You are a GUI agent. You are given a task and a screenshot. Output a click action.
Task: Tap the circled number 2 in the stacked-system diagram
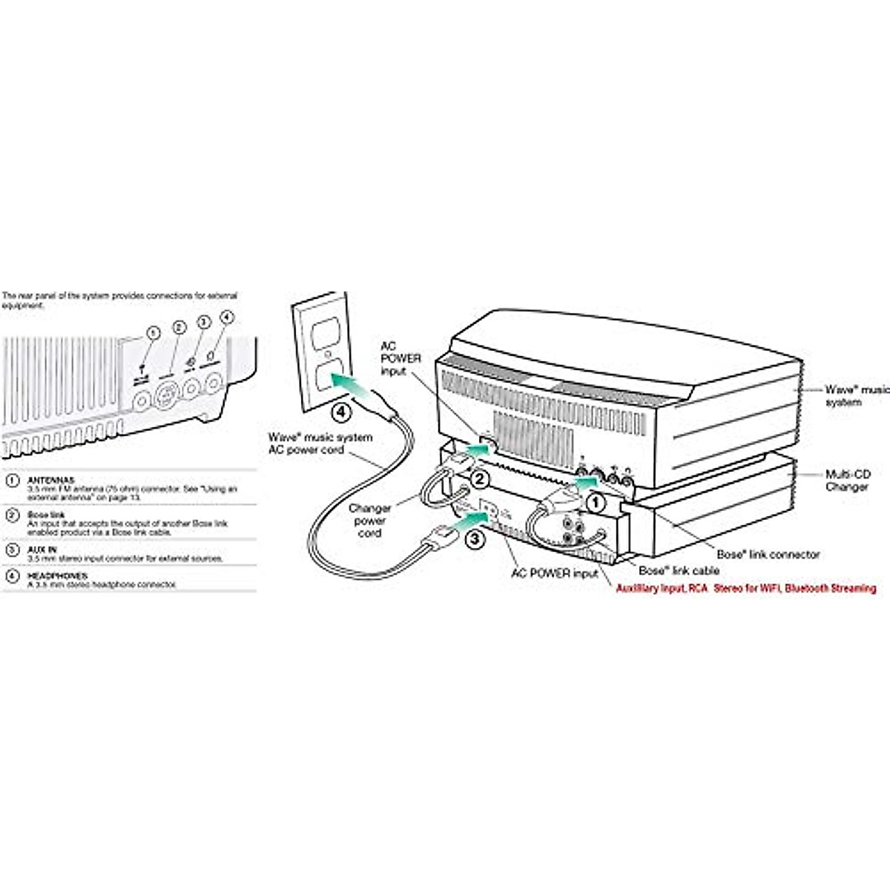[480, 478]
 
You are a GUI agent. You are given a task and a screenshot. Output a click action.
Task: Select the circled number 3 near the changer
[474, 539]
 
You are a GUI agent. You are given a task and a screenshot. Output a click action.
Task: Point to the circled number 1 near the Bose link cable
[595, 503]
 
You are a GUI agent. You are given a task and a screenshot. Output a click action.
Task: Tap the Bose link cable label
[679, 570]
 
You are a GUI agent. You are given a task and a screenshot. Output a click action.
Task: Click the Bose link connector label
[768, 554]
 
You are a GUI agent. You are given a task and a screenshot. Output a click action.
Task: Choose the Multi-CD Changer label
[848, 480]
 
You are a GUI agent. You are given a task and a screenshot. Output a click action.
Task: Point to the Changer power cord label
[369, 521]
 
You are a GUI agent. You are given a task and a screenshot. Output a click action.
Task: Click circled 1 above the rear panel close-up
[153, 334]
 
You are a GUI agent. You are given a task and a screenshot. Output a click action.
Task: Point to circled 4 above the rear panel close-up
[228, 317]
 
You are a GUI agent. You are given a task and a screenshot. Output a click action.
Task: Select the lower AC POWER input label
[554, 573]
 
